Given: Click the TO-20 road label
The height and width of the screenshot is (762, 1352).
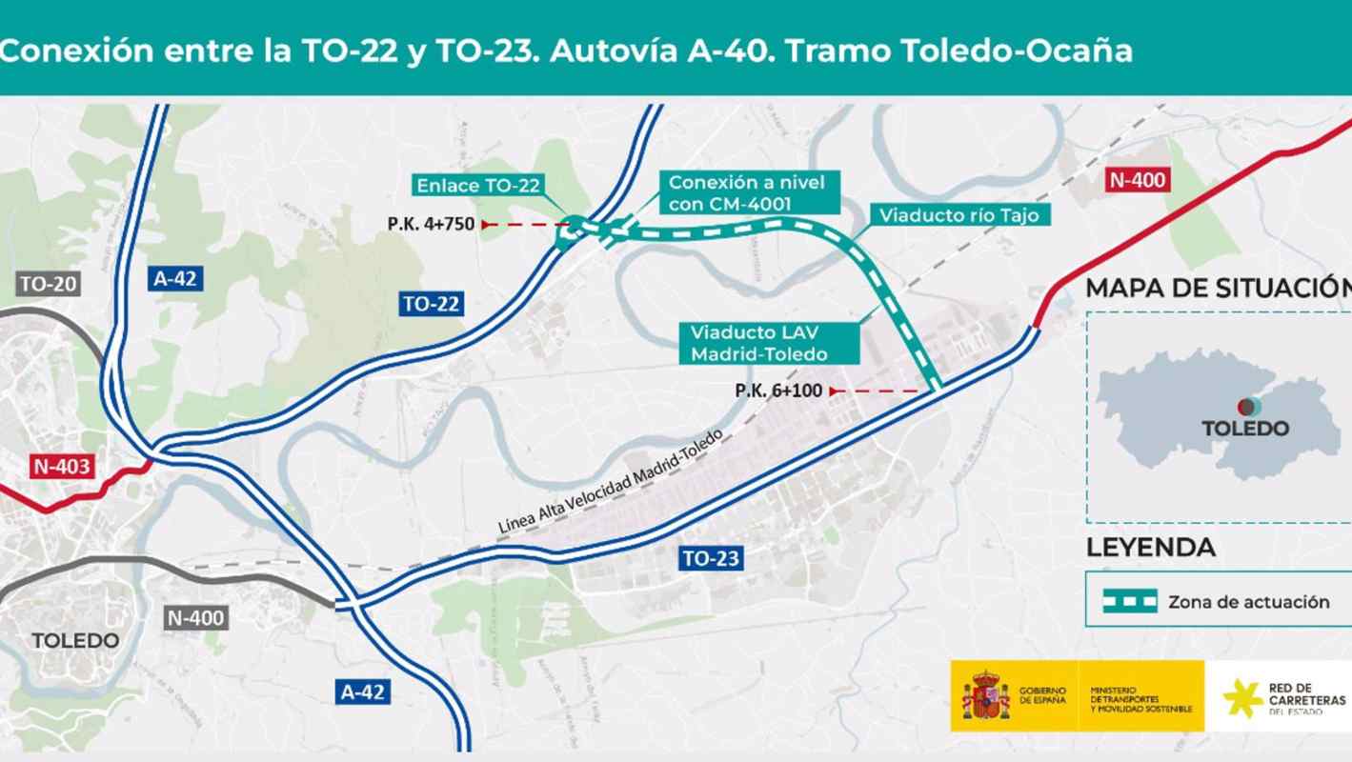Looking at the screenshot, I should [x=47, y=283].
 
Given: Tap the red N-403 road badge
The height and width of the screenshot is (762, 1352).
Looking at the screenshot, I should [x=61, y=467].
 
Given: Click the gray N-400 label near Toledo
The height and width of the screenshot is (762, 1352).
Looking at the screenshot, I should [x=194, y=618].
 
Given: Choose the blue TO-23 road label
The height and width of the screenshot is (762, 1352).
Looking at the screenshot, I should [x=710, y=559].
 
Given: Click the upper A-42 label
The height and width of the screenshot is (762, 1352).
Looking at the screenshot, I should [x=174, y=278].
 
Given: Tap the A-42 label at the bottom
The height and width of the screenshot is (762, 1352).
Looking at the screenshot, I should [x=363, y=692].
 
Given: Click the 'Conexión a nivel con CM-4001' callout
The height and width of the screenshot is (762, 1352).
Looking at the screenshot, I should [x=747, y=190].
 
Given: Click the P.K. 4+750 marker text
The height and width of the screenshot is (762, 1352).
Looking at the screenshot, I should [x=432, y=225].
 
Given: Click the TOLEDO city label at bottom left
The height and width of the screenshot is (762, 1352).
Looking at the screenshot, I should [x=76, y=640].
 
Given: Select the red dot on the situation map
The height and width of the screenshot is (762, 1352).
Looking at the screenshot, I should [x=1244, y=407].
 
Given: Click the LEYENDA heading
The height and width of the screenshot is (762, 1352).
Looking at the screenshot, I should [x=1150, y=548].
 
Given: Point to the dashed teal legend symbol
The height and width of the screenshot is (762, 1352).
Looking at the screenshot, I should [x=1130, y=600].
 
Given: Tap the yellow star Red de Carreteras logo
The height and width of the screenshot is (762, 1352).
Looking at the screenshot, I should [x=1242, y=698].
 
